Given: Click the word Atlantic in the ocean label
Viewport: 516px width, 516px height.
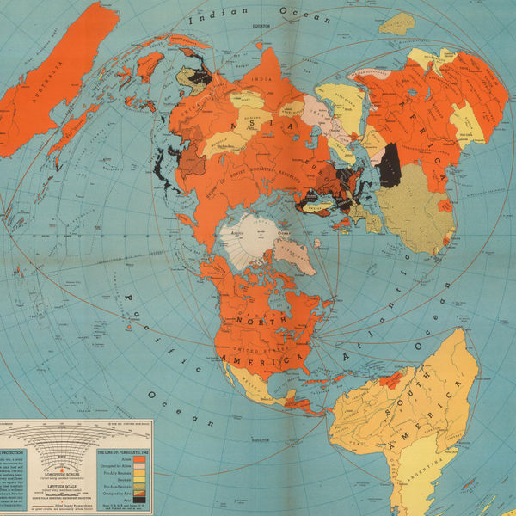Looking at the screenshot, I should pyautogui.click(x=366, y=348).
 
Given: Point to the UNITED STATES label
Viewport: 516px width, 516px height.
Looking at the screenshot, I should pyautogui.click(x=284, y=347).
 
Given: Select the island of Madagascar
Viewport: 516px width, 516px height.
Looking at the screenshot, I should pyautogui.click(x=396, y=23).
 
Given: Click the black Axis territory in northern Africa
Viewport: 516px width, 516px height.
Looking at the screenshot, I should pyautogui.click(x=390, y=164).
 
